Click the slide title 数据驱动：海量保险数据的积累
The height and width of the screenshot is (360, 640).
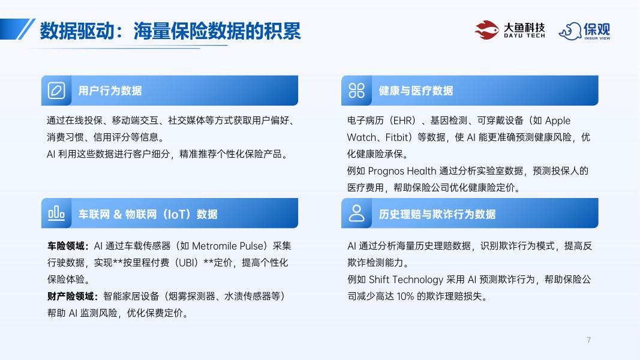coord(170,31)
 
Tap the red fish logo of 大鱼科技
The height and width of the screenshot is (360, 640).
coord(486,29)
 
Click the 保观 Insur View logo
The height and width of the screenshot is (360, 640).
coord(584,31)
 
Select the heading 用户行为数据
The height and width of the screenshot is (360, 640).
coord(110,91)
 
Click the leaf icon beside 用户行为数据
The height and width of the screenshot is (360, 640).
coord(56,91)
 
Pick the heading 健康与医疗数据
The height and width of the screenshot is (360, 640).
coord(416,91)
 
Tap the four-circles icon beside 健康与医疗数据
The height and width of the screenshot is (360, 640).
coord(357,91)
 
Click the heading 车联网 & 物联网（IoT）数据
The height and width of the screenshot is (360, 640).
coord(148,214)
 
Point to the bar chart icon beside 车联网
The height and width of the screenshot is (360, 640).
coord(56,213)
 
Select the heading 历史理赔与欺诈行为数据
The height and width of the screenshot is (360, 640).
coord(437,214)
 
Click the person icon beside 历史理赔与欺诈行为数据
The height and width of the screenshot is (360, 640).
coord(357,213)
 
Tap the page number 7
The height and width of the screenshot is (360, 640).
coord(588,340)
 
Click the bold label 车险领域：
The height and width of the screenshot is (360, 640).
coord(68,246)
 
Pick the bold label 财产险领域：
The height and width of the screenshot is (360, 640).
coord(73,296)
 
